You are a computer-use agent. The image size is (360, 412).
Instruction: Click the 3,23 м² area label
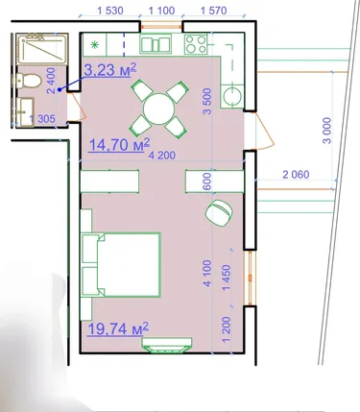pyautogui.click(x=110, y=70)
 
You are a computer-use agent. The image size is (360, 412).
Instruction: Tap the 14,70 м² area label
pyautogui.click(x=119, y=145)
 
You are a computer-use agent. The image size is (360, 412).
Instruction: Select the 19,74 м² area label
pyautogui.click(x=118, y=328)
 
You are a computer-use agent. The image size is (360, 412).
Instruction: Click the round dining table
pyautogui.click(x=158, y=109)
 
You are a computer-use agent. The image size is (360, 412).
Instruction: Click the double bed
pyautogui.click(x=121, y=265)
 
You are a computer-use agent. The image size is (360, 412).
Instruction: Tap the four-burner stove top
pyautogui.click(x=196, y=44)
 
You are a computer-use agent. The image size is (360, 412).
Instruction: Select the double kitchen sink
pyautogui.click(x=156, y=44)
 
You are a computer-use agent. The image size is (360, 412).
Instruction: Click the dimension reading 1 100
pyautogui.click(x=161, y=11)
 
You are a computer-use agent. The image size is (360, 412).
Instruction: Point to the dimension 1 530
pyautogui.click(x=109, y=11)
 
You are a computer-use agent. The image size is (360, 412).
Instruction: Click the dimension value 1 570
pyautogui.click(x=213, y=11)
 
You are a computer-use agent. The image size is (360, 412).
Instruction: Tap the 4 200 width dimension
pyautogui.click(x=162, y=156)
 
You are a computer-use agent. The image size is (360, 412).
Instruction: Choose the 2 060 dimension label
pyautogui.click(x=296, y=175)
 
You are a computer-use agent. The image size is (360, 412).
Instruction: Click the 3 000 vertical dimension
pyautogui.click(x=327, y=131)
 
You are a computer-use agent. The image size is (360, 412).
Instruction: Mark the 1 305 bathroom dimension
pyautogui.click(x=42, y=119)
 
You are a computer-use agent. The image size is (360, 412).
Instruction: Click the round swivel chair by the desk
pyautogui.click(x=219, y=212)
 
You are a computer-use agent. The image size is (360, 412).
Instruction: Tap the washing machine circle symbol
pyautogui.click(x=232, y=96)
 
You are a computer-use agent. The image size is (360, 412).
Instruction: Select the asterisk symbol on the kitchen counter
pyautogui.click(x=95, y=45)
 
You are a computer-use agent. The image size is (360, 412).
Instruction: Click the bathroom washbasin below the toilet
pyautogui.click(x=25, y=112)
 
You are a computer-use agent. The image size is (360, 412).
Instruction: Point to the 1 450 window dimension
pyautogui.click(x=227, y=278)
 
